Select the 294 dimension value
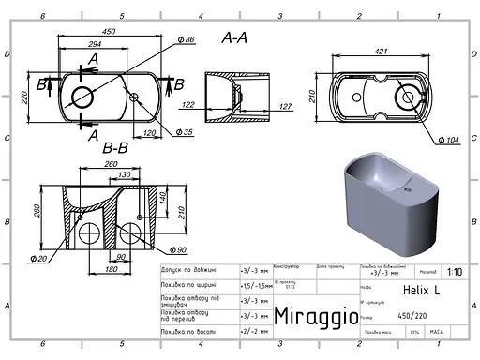(x=94, y=44)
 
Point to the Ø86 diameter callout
(x=185, y=40)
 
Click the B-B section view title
(x=115, y=147)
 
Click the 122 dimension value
(x=189, y=105)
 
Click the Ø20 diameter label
(x=38, y=258)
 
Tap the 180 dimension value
(x=109, y=270)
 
